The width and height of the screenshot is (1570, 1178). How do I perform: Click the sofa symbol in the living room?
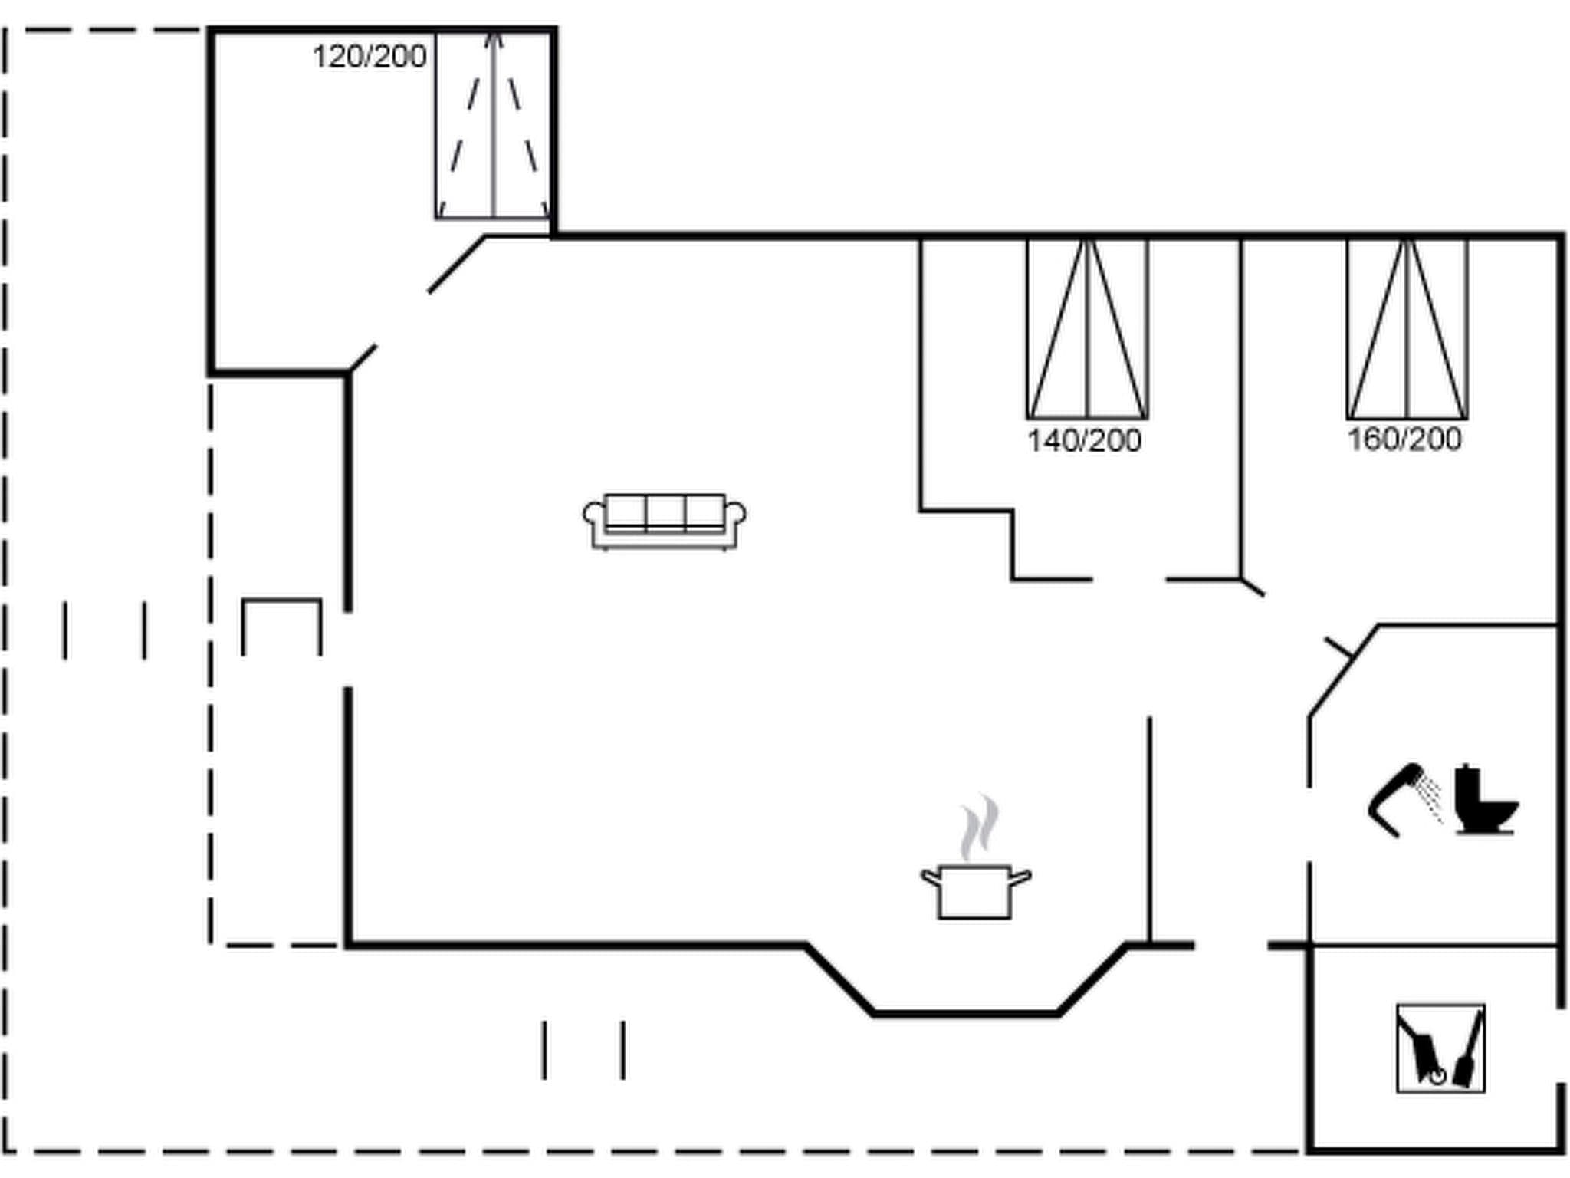(664, 522)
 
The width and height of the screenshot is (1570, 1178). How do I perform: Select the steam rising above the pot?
(980, 828)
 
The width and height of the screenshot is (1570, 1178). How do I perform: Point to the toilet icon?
(1484, 801)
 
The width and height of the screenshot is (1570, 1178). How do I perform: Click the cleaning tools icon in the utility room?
(1440, 1048)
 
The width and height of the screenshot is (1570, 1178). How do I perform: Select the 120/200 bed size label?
(369, 57)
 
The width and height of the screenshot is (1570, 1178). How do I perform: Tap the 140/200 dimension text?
(1083, 441)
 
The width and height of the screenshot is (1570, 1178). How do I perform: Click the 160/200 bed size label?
(1404, 439)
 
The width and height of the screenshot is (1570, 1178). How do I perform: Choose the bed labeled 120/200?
(493, 127)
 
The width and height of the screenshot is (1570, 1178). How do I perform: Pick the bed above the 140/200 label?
(1086, 330)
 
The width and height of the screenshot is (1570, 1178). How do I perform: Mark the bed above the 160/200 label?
(1407, 330)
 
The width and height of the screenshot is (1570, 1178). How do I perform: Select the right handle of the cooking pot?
(1021, 877)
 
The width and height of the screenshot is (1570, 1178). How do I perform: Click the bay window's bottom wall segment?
(966, 1014)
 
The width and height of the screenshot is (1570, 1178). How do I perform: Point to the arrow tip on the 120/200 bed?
(494, 37)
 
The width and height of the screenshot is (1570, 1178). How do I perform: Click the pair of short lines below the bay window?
(583, 1050)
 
